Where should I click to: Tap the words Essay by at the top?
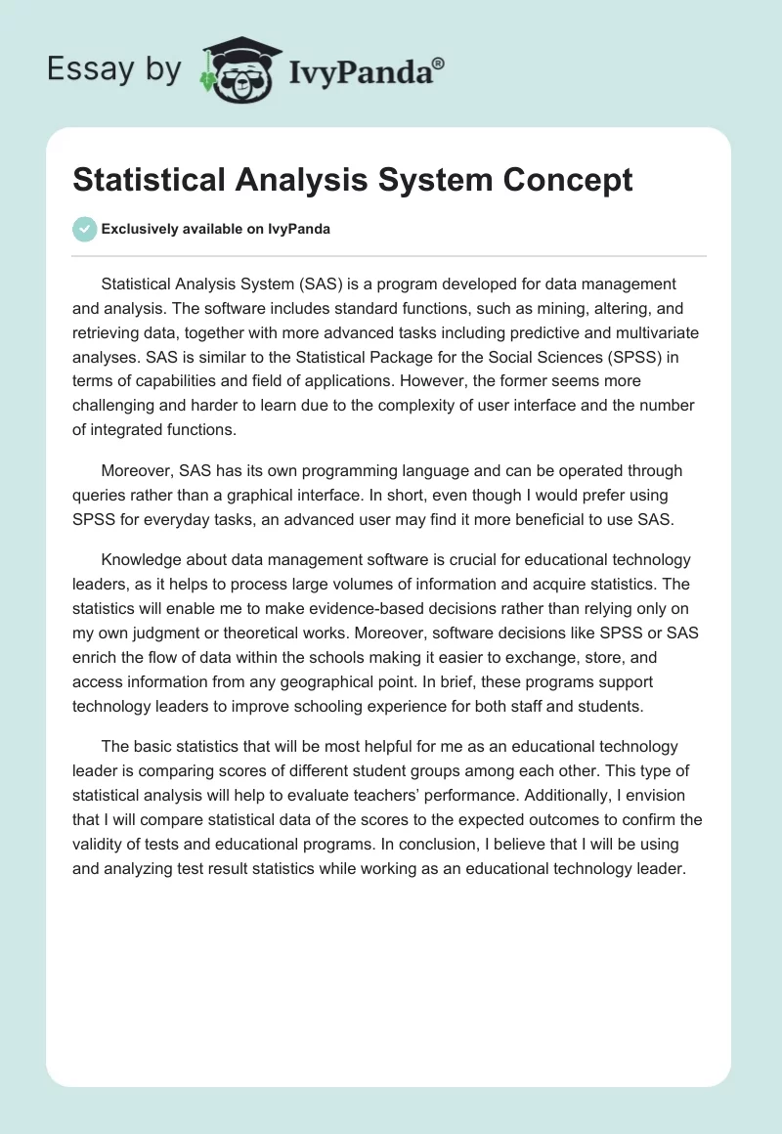click(x=114, y=68)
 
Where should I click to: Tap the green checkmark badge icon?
click(x=84, y=229)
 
